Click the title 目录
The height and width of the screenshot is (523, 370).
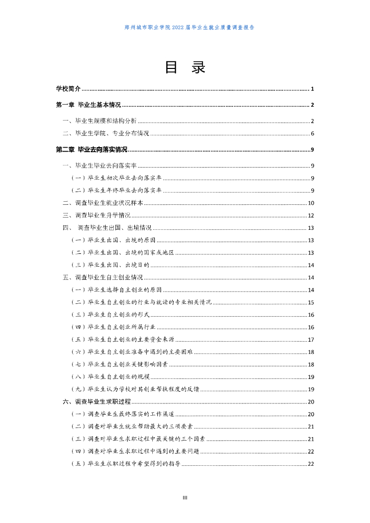[x=185, y=67]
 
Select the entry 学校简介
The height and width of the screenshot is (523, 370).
[x=68, y=89]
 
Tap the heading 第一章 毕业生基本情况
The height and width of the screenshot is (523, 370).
[x=88, y=105]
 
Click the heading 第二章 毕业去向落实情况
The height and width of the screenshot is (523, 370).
[x=91, y=150]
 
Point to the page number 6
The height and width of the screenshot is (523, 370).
[x=312, y=134]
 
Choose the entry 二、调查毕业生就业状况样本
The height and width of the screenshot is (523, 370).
[x=103, y=203]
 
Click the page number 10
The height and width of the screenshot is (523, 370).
[x=310, y=203]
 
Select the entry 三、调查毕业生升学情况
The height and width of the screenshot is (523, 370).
[x=97, y=215]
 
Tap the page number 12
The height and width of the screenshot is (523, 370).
[x=310, y=215]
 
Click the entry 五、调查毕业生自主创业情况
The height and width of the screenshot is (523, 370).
[x=103, y=278]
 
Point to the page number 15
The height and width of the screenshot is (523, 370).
[x=310, y=303]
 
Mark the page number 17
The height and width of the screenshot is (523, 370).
[x=310, y=340]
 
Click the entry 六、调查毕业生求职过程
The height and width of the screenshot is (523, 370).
[x=97, y=401]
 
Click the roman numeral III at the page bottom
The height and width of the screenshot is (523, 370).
[x=185, y=497]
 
